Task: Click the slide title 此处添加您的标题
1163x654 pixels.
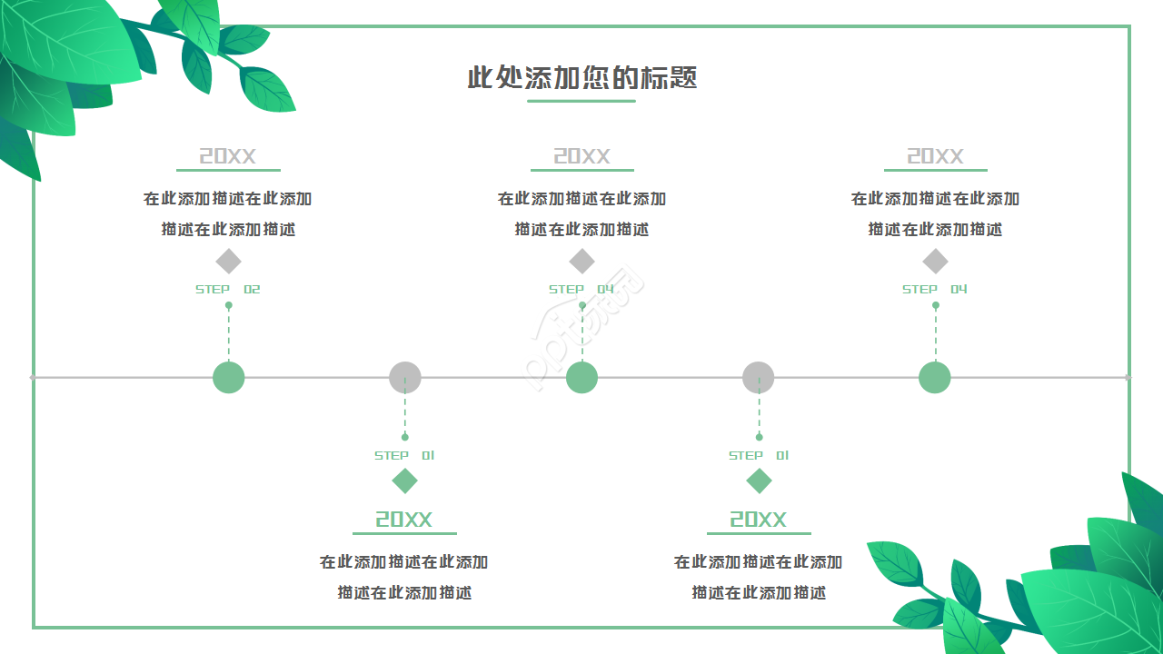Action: pos(582,78)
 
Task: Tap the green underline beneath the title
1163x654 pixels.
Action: pos(581,101)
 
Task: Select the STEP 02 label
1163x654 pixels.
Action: pos(228,290)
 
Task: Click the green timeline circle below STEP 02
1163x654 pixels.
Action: pos(229,378)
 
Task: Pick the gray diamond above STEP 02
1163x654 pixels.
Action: pos(229,262)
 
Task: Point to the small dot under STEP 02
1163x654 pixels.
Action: pos(229,305)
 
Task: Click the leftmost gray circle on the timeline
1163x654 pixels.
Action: pos(405,378)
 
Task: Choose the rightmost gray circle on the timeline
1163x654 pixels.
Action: pos(759,378)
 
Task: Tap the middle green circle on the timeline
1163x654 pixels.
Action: pos(581,378)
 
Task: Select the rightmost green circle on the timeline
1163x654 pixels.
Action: pos(935,378)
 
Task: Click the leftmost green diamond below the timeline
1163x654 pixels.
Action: pos(404,481)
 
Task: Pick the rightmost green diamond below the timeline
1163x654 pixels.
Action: pos(759,481)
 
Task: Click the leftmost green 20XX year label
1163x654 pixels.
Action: pos(404,520)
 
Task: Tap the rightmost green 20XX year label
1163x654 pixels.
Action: pos(759,520)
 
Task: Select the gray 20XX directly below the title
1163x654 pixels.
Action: pos(581,156)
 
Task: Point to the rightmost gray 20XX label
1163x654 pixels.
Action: pos(935,156)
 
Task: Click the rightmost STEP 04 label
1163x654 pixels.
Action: pos(935,290)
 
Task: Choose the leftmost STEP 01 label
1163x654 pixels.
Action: pos(404,455)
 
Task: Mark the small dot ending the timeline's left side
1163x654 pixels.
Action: pos(33,377)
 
